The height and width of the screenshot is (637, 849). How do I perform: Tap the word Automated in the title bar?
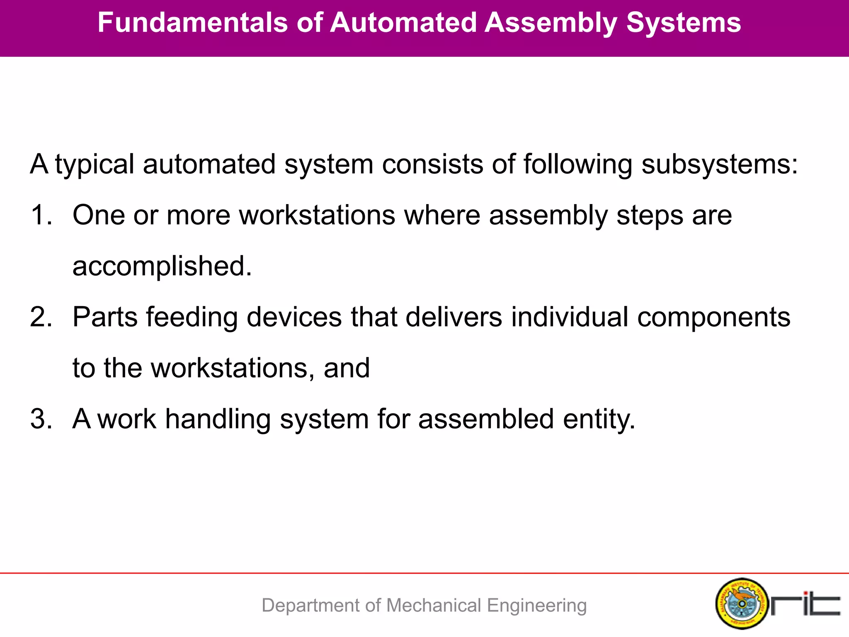coord(403,22)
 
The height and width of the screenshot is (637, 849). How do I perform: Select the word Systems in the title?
coord(683,22)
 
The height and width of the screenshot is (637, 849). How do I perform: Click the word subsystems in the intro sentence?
coord(719,165)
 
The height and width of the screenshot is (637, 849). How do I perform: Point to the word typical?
coord(95,165)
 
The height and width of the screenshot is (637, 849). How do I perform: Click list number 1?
coord(41,215)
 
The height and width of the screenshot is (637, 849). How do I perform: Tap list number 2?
coord(41,317)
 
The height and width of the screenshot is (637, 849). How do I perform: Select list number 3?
coord(41,419)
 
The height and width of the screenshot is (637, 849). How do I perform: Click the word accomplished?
coord(162,266)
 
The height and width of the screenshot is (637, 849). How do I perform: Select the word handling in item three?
coord(218,419)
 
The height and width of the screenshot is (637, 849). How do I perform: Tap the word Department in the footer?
coord(311,605)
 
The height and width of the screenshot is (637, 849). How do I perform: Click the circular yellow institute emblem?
coord(742,603)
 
